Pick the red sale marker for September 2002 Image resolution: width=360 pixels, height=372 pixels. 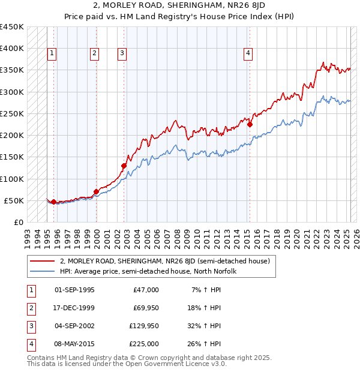(x=124, y=166)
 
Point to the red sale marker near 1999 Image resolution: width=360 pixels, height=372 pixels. (x=96, y=191)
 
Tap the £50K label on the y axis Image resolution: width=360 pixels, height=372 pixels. (x=14, y=200)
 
